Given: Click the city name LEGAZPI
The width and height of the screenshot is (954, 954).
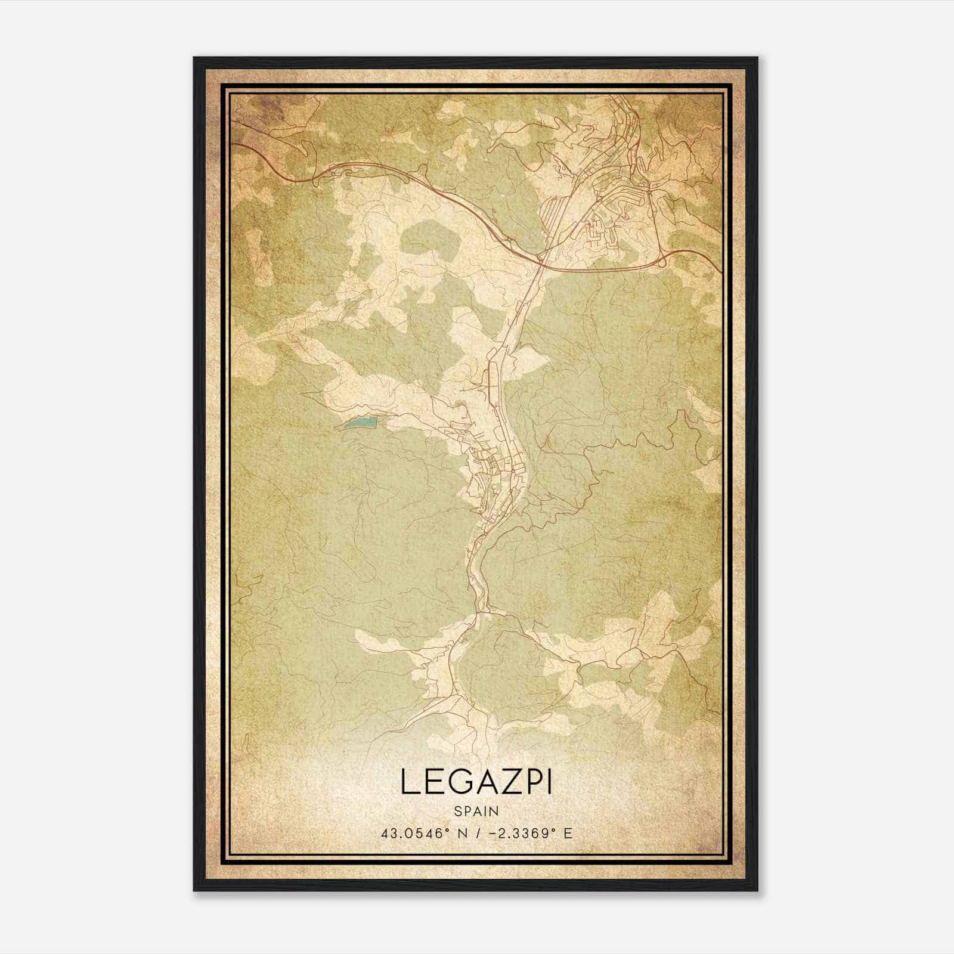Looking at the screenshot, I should point(476,782).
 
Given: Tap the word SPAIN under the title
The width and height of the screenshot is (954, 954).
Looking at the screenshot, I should point(476,811).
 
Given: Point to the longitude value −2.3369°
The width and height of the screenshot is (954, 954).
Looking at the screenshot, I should point(516,833).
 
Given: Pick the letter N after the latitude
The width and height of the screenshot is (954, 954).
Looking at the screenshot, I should point(460,833).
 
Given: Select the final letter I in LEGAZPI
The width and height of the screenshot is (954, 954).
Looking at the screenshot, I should point(547,782).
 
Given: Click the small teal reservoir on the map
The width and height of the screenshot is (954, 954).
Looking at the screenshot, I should point(358,423).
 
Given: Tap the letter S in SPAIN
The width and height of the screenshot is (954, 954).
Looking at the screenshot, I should point(457,811).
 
